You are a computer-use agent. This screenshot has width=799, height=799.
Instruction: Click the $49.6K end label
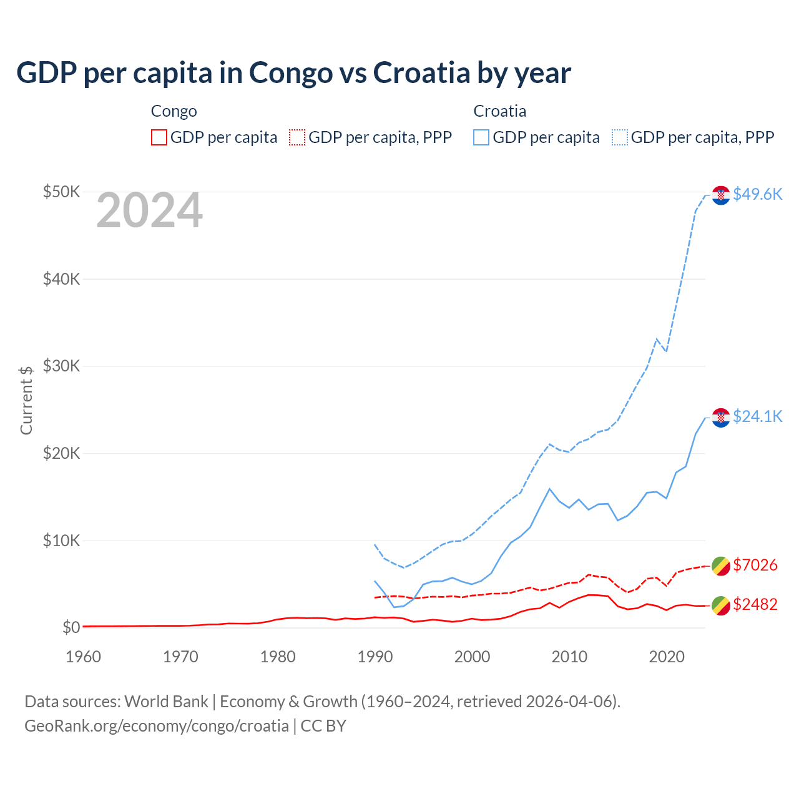pyautogui.click(x=757, y=194)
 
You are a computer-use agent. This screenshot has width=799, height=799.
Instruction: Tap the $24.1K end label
pyautogui.click(x=757, y=416)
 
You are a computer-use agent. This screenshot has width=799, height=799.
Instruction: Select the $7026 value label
pyautogui.click(x=755, y=565)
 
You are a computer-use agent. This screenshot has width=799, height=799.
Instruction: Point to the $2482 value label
pyautogui.click(x=755, y=604)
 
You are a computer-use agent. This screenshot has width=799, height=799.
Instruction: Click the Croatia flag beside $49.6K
pyautogui.click(x=721, y=195)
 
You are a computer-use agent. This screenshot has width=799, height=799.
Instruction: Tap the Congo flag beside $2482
pyautogui.click(x=721, y=605)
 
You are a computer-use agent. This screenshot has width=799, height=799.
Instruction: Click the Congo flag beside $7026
pyautogui.click(x=721, y=566)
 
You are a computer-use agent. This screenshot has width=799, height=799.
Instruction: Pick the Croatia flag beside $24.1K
pyautogui.click(x=721, y=418)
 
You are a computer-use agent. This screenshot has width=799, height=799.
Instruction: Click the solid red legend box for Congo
pyautogui.click(x=159, y=137)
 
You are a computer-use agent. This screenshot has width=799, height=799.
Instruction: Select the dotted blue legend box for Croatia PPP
pyautogui.click(x=620, y=137)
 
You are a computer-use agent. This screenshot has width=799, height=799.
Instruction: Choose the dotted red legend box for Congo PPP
pyautogui.click(x=297, y=137)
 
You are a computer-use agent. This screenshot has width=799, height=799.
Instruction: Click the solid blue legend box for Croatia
pyautogui.click(x=481, y=137)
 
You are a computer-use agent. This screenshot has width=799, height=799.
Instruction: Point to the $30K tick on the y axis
pyautogui.click(x=61, y=366)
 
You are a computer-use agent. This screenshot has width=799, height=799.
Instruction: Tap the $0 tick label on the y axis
pyautogui.click(x=71, y=627)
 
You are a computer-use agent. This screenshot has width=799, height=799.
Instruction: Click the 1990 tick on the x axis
pyautogui.click(x=375, y=657)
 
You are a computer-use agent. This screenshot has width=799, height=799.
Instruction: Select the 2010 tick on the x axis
pyautogui.click(x=569, y=657)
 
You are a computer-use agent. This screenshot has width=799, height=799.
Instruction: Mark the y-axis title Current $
pyautogui.click(x=26, y=400)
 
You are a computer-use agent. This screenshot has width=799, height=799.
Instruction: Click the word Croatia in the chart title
pyautogui.click(x=421, y=72)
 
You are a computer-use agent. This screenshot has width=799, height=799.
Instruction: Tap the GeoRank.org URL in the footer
pyautogui.click(x=157, y=726)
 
